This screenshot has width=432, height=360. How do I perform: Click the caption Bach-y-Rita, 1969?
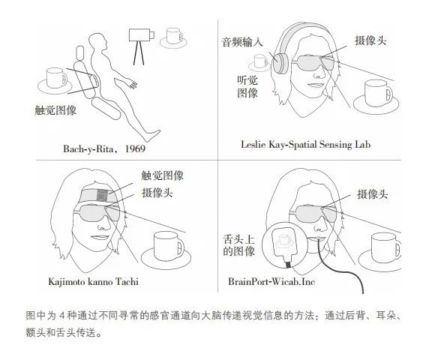104,149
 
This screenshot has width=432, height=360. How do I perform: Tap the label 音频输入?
242,43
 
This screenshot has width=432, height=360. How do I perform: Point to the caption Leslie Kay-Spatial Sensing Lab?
305,145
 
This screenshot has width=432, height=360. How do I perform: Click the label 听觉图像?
247,87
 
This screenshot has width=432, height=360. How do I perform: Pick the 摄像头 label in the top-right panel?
370,40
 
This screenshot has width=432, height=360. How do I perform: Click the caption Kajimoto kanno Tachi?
93,282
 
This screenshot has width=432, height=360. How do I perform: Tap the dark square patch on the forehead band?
102,195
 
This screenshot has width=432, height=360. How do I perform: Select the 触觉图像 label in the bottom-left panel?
162,175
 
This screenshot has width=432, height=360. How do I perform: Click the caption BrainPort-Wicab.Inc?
271,282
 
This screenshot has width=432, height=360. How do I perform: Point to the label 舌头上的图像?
238,245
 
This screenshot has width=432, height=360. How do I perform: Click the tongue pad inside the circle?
283,243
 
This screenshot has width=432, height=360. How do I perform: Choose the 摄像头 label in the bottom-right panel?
372,194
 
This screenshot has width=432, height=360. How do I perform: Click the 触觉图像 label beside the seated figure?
55,110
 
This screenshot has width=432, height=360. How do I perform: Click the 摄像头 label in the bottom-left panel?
157,193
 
